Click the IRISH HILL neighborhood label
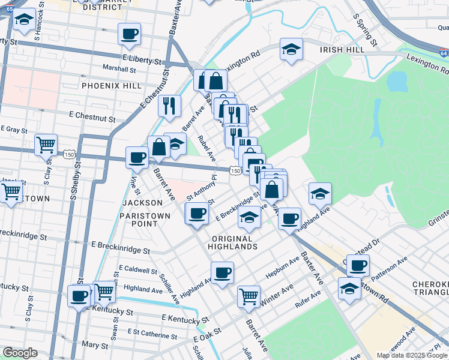tap(342, 50)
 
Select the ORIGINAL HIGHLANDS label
tap(234, 242)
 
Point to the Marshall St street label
tap(119, 69)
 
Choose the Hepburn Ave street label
tap(283, 268)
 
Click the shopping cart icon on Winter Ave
tap(249, 295)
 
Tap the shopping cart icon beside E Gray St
tap(46, 145)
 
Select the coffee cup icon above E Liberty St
tap(129, 34)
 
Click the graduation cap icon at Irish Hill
tap(291, 49)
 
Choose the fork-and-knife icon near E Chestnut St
tap(170, 106)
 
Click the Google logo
tap(20, 353)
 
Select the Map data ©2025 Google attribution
tap(411, 355)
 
